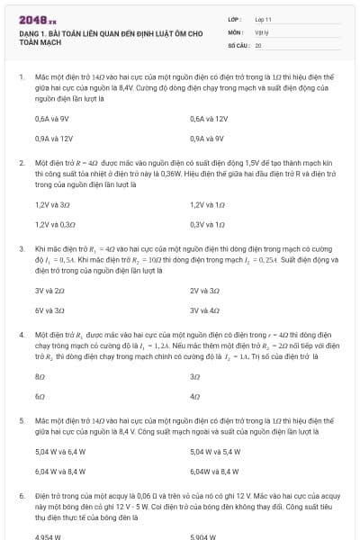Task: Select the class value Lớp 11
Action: pos(263,18)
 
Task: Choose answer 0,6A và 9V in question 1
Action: pos(52,119)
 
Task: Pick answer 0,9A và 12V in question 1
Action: pos(53,139)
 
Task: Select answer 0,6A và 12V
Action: pos(209,119)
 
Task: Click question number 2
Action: pos(21,163)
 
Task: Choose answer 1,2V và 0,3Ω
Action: pos(55,224)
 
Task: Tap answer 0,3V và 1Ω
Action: pos(207,224)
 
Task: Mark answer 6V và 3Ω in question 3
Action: pos(49,310)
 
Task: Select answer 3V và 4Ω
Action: pos(205,310)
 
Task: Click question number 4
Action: pos(21,334)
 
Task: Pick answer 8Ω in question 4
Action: pos(40,375)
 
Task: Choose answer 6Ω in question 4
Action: pos(40,395)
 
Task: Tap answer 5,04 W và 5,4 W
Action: pos(216,451)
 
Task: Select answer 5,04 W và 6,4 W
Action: pos(60,451)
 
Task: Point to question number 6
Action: pos(21,495)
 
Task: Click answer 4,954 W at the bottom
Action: pos(49,536)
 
